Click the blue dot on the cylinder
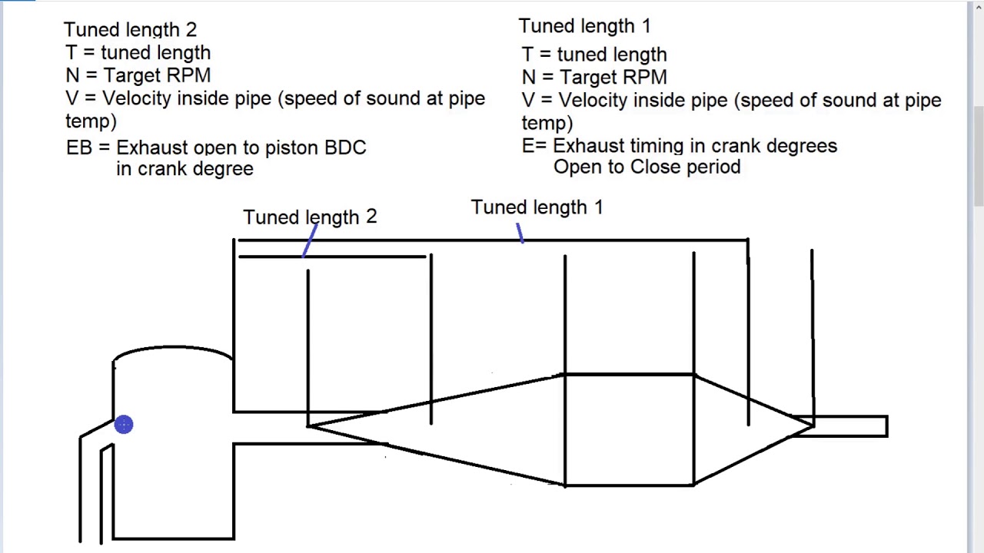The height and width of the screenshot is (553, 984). (124, 425)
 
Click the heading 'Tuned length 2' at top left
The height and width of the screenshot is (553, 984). (131, 30)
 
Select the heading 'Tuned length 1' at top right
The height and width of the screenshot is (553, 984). (585, 26)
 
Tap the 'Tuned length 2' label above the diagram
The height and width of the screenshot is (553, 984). (310, 217)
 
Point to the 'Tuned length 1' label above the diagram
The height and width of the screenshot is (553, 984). (537, 207)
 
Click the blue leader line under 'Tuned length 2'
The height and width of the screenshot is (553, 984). (310, 240)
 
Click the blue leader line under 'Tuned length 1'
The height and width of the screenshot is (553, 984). (520, 233)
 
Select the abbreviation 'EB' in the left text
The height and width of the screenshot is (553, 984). (79, 147)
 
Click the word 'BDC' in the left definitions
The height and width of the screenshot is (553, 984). (345, 147)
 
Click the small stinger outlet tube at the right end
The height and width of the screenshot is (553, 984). (840, 426)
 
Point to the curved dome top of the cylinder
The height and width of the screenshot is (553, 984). (173, 347)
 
